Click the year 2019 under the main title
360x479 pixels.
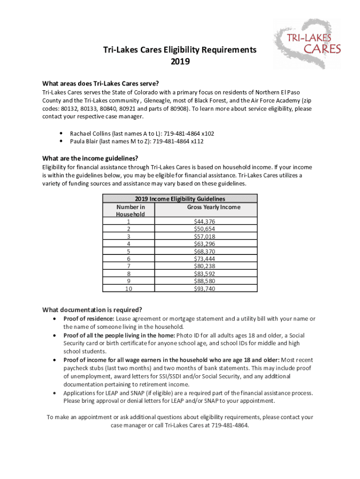tap(180, 61)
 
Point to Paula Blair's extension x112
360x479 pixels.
tap(197, 141)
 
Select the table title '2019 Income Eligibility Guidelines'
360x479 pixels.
tap(180, 199)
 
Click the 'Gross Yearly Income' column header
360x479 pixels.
tap(214, 207)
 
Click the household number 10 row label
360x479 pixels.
tap(129, 289)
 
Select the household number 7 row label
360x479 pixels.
tap(129, 266)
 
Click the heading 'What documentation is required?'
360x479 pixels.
tap(92, 310)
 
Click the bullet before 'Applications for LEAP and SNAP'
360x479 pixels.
tap(55, 393)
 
